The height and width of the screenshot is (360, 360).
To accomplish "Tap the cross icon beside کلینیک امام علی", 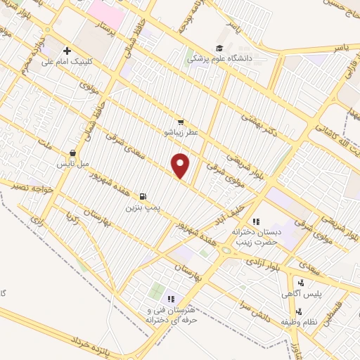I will [x=67, y=51].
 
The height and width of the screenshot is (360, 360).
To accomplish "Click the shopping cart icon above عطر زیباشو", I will [x=181, y=122].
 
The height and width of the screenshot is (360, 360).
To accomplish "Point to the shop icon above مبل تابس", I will [x=72, y=153].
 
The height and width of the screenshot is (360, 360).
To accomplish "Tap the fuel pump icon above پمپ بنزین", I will [x=143, y=197].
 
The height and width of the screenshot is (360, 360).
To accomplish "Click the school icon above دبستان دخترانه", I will [x=256, y=221].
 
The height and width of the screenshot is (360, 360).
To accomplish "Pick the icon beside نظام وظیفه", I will [x=300, y=311].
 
